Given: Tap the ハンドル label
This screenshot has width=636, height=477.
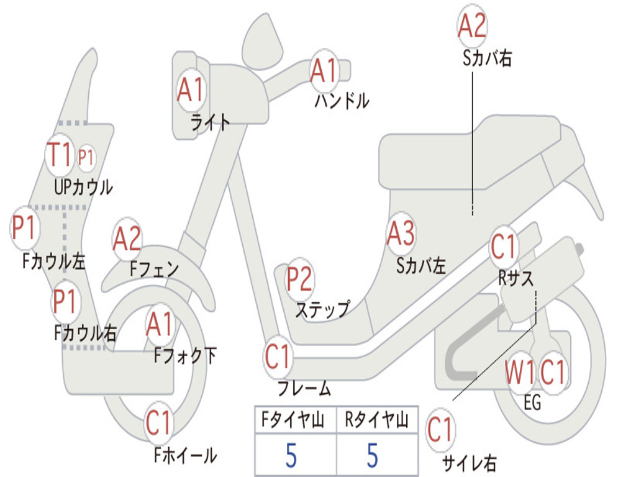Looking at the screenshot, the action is pos(342,100).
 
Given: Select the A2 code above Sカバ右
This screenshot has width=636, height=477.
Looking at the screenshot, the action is pos(472,27).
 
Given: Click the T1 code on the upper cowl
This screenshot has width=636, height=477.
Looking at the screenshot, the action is pos(60,155).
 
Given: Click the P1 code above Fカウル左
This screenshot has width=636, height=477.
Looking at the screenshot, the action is pos(25,228).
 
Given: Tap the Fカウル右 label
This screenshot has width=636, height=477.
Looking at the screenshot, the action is pos(85,334).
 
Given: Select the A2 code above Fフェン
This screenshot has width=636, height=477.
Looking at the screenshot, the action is pos(127,239).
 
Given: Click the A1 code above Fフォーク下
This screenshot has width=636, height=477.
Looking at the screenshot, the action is pos(160,324).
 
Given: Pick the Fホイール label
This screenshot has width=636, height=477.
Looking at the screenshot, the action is pos(185,455).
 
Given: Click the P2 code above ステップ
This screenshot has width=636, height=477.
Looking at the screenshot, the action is pos(299,279).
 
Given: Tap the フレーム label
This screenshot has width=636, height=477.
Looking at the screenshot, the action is pos(304,389).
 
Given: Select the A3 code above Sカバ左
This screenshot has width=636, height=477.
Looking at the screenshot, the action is pos(401,234).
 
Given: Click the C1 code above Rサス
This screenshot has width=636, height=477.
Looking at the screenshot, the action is pos(504,247).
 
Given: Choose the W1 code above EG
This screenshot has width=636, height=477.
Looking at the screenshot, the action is pos(520,374).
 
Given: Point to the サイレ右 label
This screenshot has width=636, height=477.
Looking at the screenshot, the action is pos(469,462).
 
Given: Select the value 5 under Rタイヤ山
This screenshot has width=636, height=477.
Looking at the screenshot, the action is pos(373,456).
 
